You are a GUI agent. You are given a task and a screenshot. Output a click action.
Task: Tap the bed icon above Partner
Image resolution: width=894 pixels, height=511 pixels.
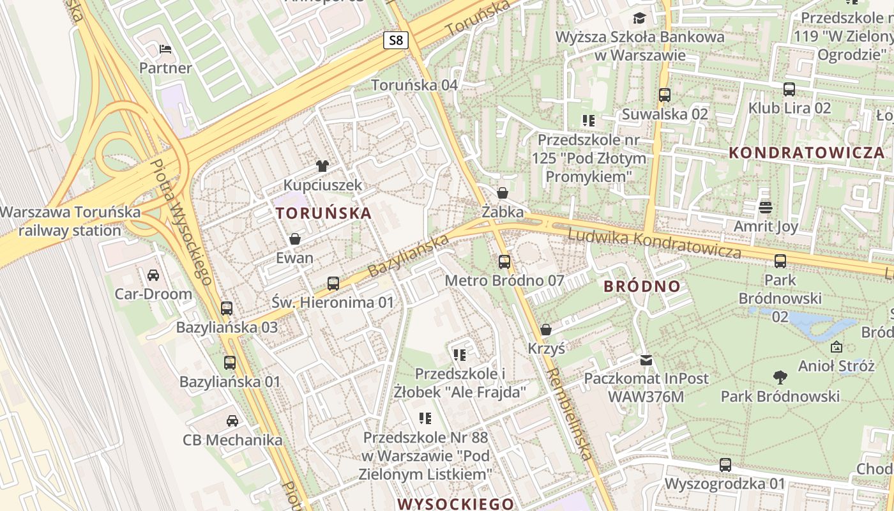[165, 49]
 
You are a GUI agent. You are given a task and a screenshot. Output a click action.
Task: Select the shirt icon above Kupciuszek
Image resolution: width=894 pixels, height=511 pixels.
[322, 166]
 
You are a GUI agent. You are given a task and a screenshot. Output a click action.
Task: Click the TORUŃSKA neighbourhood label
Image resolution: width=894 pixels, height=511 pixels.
[323, 213]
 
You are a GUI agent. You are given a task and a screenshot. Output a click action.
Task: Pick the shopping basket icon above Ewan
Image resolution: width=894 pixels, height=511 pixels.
[295, 240]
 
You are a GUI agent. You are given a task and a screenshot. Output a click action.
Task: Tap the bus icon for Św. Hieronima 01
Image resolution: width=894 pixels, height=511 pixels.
[333, 284]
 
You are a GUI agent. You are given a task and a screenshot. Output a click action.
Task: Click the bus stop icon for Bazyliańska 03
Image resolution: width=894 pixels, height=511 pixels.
[227, 309]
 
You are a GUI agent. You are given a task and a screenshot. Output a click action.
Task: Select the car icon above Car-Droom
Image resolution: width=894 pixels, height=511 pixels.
[153, 275]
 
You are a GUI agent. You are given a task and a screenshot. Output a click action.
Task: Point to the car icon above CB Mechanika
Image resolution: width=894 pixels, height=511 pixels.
[232, 421]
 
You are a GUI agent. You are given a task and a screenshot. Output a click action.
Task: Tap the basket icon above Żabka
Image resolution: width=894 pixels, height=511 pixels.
[503, 193]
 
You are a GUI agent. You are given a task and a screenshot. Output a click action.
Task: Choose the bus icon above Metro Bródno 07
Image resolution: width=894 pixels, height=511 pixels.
[504, 261]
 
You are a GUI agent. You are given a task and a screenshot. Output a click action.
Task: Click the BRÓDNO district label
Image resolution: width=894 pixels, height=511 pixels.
[642, 286]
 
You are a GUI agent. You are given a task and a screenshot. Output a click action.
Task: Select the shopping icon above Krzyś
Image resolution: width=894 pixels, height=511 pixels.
[546, 330]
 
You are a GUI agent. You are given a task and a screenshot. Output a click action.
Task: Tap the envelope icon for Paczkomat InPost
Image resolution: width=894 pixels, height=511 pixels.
[646, 360]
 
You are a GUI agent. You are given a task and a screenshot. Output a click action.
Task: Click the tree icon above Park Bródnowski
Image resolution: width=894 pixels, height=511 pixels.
[780, 378]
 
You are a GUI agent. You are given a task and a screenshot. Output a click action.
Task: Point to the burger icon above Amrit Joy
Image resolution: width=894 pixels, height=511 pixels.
[766, 208]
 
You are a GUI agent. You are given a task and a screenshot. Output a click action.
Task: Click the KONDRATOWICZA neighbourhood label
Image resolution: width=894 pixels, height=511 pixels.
[807, 153]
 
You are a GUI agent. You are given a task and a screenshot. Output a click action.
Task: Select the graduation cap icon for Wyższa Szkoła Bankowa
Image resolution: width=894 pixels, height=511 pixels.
[639, 18]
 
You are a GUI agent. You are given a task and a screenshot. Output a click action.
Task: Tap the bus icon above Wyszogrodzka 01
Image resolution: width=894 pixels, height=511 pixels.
[725, 465]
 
